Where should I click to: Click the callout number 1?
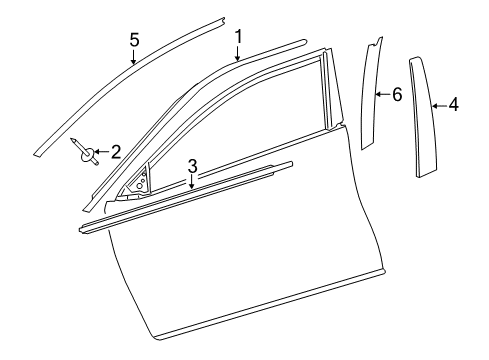[238, 38]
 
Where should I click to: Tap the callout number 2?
[116, 152]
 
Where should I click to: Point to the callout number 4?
[453, 103]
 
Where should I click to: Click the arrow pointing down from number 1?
[238, 56]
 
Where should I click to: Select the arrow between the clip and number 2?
[102, 153]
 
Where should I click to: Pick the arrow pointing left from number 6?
[382, 95]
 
